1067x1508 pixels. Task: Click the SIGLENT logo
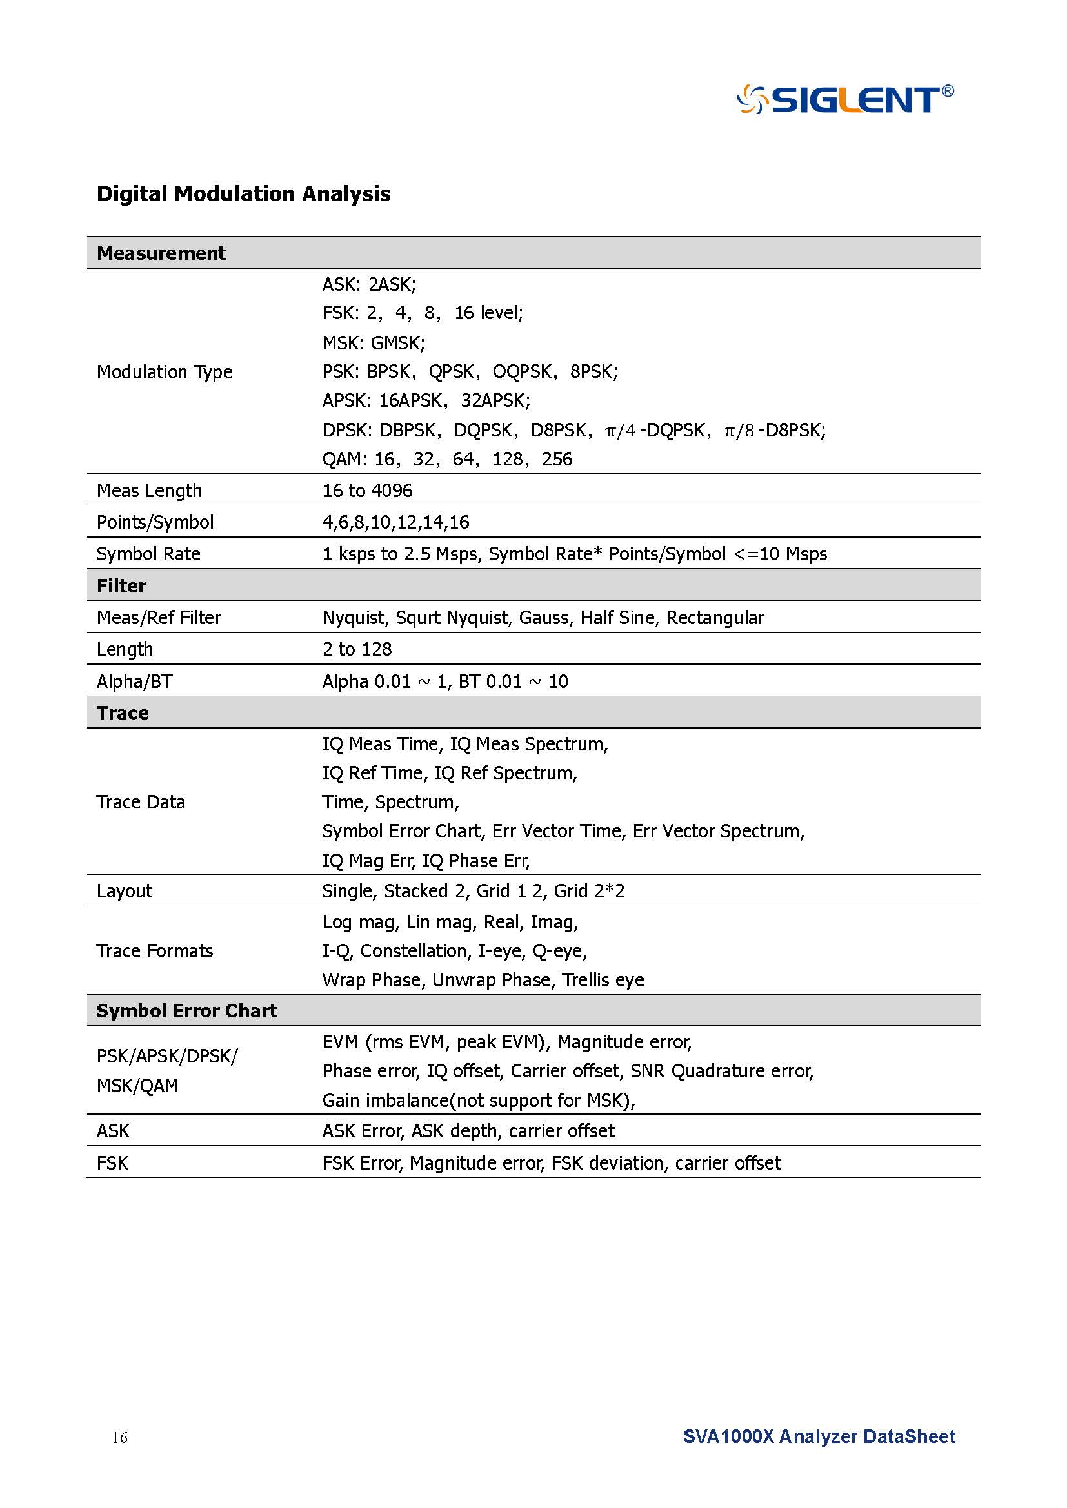pyautogui.click(x=845, y=100)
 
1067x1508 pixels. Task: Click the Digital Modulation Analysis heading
pyautogui.click(x=243, y=194)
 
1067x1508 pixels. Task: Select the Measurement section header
pyautogui.click(x=161, y=253)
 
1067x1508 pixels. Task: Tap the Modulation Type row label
pyautogui.click(x=165, y=372)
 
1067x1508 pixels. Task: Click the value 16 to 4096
pyautogui.click(x=367, y=491)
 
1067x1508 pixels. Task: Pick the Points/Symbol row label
pyautogui.click(x=155, y=522)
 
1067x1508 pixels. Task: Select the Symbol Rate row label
pyautogui.click(x=148, y=554)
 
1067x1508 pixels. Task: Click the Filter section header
pyautogui.click(x=121, y=585)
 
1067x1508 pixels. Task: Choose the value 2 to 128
pyautogui.click(x=357, y=649)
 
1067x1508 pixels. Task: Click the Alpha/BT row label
pyautogui.click(x=134, y=681)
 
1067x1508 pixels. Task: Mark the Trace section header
pyautogui.click(x=123, y=712)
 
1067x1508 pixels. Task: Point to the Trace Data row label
pyautogui.click(x=141, y=802)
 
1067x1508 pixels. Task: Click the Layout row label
pyautogui.click(x=124, y=890)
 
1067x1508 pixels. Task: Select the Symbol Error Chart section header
pyautogui.click(x=186, y=1010)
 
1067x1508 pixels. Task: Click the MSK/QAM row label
pyautogui.click(x=137, y=1086)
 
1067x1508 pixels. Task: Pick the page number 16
pyautogui.click(x=119, y=1438)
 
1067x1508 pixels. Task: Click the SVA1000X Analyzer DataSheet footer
pyautogui.click(x=819, y=1436)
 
